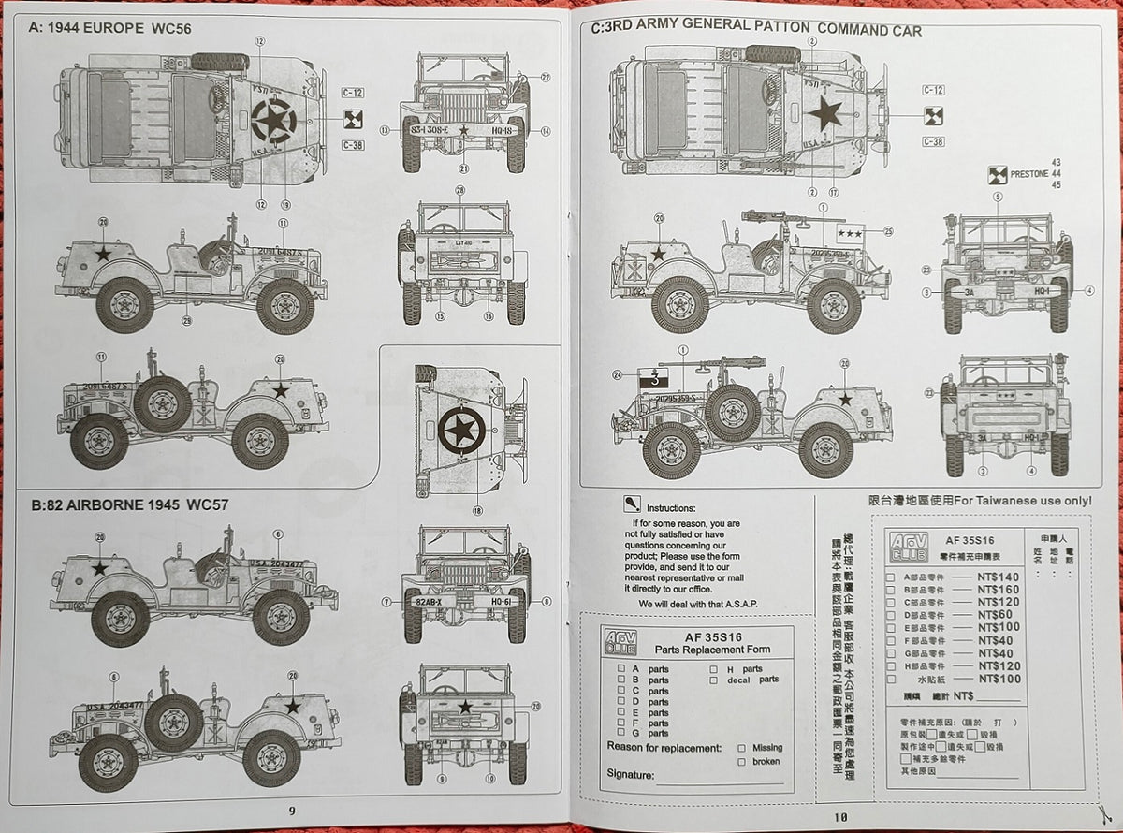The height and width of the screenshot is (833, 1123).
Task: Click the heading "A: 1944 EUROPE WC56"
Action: [x=110, y=28]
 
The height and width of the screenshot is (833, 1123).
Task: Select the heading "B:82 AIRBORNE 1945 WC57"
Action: [x=129, y=504]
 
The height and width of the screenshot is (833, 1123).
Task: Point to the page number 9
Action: [x=291, y=811]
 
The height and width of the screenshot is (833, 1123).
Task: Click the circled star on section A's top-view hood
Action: [x=273, y=122]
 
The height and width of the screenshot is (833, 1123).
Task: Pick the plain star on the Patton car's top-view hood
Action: [x=824, y=113]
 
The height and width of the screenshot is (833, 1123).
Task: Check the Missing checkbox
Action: [x=742, y=748]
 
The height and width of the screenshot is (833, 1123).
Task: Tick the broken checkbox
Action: [x=742, y=762]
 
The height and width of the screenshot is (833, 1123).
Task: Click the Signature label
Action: [x=631, y=775]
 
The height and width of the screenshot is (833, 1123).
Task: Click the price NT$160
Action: [x=998, y=590]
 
